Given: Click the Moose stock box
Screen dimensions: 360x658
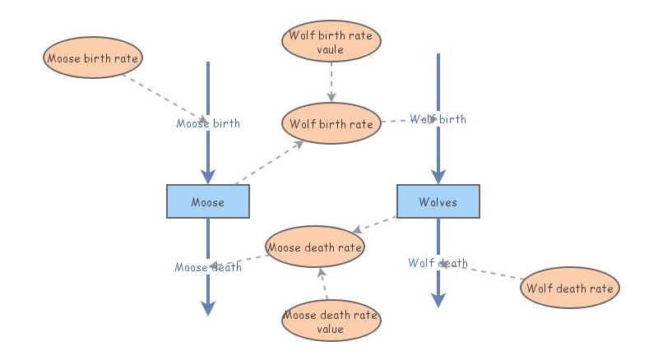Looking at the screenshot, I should tap(208, 201).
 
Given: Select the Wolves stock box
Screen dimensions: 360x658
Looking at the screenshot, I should tap(438, 201).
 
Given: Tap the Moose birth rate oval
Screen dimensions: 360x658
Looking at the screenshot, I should tap(93, 58).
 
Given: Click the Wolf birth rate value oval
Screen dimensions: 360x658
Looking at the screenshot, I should tap(331, 42).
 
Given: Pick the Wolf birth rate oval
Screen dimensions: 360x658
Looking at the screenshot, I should tap(331, 124).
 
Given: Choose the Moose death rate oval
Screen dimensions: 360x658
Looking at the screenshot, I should tap(315, 246).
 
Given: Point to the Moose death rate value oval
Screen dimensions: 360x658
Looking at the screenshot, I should tap(331, 321).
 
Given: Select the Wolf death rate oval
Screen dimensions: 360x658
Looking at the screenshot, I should tap(570, 288).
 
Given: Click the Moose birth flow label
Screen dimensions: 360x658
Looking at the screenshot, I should tap(208, 123).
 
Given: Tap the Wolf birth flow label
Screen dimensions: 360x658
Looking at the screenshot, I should tap(438, 119).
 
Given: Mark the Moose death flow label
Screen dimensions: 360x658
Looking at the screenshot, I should tap(208, 267).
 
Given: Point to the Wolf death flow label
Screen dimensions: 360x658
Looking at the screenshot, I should tap(438, 263).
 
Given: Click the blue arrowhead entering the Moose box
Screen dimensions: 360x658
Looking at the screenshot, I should tap(208, 175).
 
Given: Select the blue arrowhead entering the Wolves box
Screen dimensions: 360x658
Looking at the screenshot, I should tap(438, 175).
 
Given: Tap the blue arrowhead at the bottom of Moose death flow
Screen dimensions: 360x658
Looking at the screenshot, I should tap(208, 307).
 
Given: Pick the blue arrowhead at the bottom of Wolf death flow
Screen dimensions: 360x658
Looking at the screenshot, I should tap(438, 300).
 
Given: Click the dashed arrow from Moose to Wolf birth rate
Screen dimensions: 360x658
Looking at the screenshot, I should tap(267, 162).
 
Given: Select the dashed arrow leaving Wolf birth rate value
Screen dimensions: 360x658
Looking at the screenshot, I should tap(331, 82).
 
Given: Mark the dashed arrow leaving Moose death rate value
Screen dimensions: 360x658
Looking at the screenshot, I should tap(324, 284).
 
